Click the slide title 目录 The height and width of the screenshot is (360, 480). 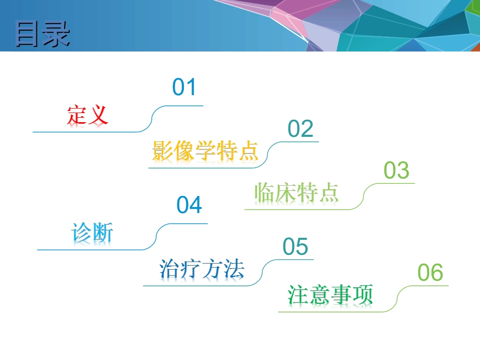point(43,34)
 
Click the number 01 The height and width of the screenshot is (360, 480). point(184,87)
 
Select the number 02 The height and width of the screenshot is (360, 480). point(300,129)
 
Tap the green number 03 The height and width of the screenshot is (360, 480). point(396,171)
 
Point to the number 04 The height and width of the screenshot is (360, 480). point(189,205)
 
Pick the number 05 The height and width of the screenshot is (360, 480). point(295,247)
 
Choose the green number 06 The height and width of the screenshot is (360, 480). point(430,273)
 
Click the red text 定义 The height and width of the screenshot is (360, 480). point(87,115)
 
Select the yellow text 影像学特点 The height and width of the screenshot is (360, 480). point(205,151)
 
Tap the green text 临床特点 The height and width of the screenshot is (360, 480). point(296,192)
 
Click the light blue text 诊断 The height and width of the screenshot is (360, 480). point(92,233)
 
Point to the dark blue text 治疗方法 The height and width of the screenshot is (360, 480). point(201,269)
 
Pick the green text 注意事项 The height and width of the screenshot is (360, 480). point(330,295)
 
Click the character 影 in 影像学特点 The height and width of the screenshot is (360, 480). point(163,151)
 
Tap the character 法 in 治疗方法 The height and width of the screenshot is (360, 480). point(233,269)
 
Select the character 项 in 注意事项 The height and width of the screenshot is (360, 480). point(363,295)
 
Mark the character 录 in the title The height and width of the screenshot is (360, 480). point(57,34)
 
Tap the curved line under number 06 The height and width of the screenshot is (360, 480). point(399,298)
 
